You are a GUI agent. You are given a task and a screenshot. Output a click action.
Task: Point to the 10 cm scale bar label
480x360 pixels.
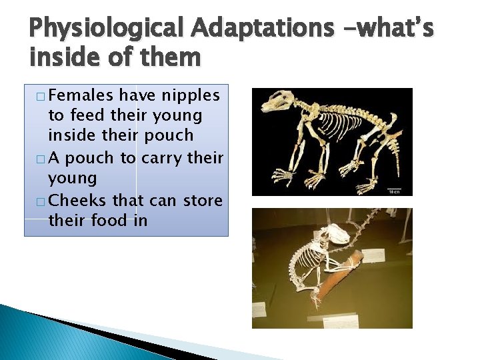(x=394, y=191)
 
